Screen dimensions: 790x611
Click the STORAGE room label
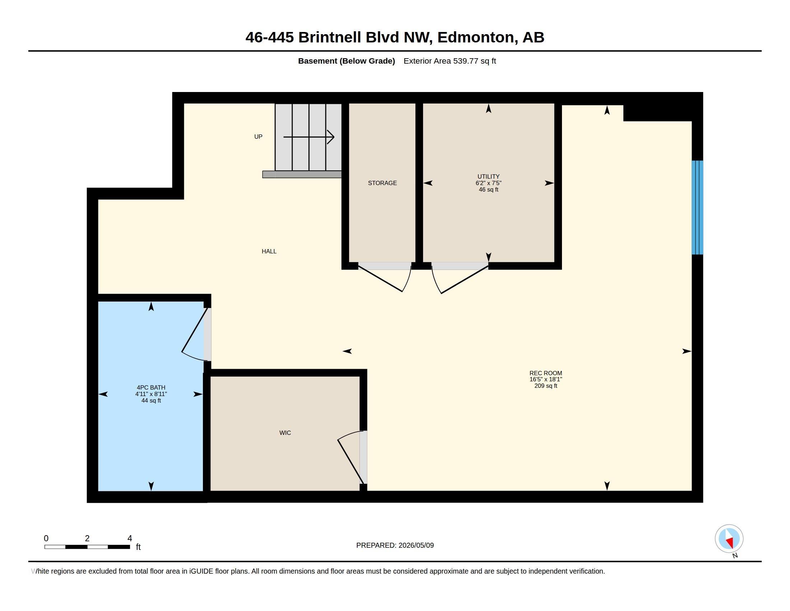[382, 183]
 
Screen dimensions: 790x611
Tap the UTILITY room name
[488, 176]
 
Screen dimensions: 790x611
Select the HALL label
[269, 251]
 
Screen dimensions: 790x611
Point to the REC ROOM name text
[546, 373]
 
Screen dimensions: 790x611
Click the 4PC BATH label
[151, 388]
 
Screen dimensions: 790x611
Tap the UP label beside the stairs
[258, 137]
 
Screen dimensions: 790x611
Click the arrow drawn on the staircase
[308, 137]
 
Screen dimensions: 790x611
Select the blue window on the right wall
[697, 207]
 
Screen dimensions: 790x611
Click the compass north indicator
[729, 539]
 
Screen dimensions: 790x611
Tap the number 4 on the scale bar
[130, 538]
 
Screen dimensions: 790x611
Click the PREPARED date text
[395, 546]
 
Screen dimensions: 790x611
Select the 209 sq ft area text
[546, 386]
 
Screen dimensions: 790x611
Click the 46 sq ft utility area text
[488, 190]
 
